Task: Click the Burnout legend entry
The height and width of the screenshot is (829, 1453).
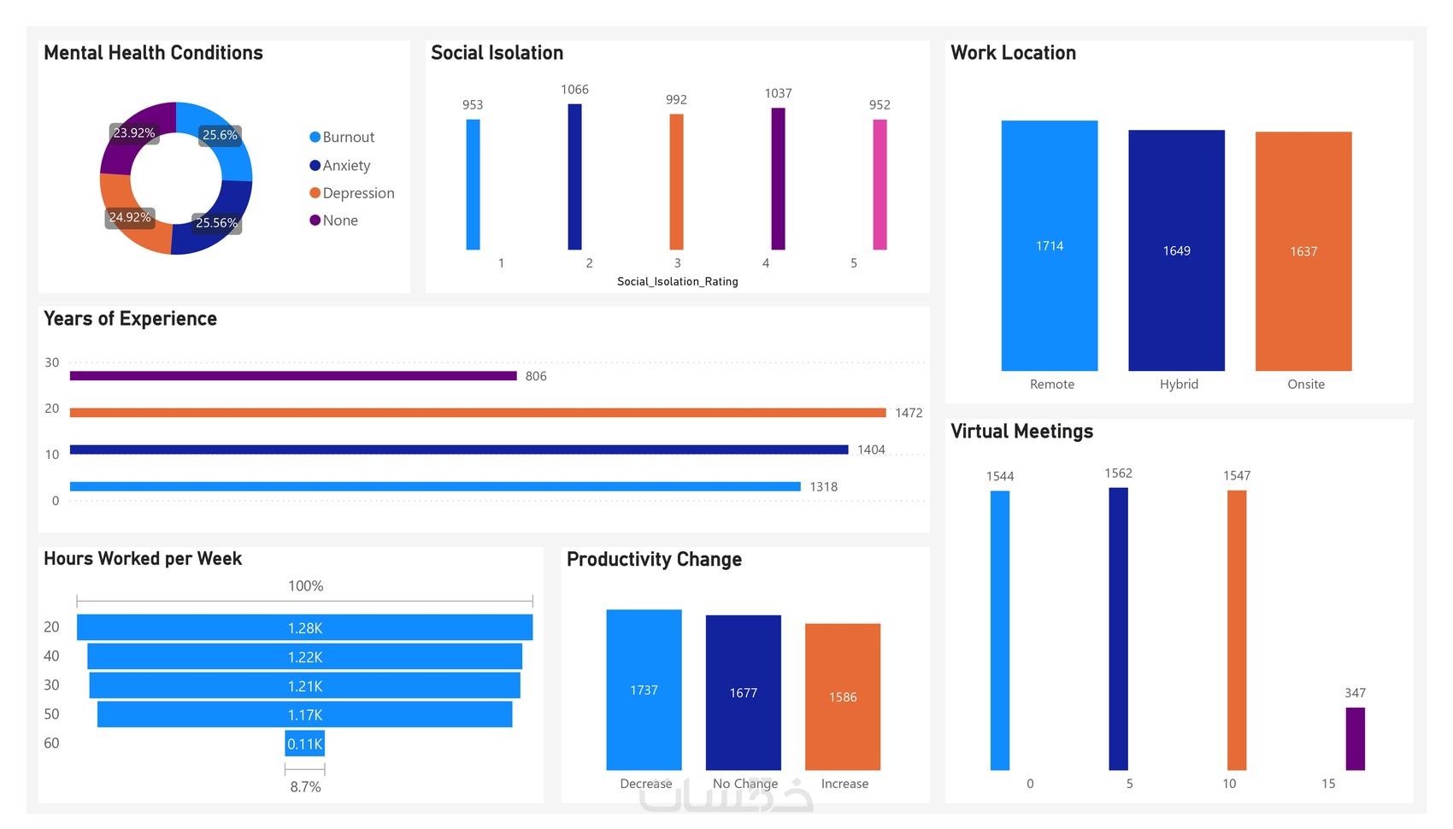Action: [x=342, y=137]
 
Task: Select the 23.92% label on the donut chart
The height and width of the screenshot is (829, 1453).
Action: [x=134, y=133]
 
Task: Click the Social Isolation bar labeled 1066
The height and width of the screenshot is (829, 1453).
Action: [x=574, y=177]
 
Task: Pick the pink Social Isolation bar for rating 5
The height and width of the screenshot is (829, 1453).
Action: [x=879, y=185]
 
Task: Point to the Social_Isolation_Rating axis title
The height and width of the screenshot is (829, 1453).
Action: [x=677, y=281]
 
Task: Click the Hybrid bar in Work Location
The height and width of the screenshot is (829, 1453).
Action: [x=1176, y=250]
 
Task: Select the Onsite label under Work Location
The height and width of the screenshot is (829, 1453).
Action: [x=1305, y=385]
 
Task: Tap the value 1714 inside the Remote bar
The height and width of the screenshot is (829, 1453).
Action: [x=1050, y=246]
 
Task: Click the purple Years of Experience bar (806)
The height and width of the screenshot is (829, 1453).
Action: [x=293, y=376]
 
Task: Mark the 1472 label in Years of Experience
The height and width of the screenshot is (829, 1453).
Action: [x=909, y=413]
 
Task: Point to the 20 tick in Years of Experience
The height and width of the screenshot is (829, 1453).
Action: [x=52, y=409]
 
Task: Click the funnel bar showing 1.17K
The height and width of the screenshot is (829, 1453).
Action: [x=304, y=714]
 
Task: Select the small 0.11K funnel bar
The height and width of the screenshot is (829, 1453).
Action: [x=304, y=744]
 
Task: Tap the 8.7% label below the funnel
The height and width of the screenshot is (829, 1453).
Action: [x=305, y=787]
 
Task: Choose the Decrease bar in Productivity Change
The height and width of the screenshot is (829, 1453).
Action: [x=644, y=690]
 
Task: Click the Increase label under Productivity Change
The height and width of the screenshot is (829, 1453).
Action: [x=844, y=784]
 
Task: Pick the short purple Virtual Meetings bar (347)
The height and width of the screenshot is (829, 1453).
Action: [x=1355, y=738]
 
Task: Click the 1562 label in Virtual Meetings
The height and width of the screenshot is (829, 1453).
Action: [x=1118, y=473]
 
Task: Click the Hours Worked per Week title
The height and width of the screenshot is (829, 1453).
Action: [x=143, y=559]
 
